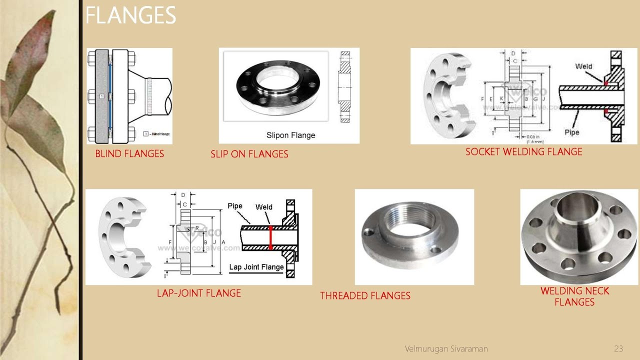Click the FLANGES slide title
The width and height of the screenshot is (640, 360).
(x=131, y=15)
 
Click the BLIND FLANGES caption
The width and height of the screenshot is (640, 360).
(x=129, y=154)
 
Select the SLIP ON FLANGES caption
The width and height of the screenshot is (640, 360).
(x=249, y=154)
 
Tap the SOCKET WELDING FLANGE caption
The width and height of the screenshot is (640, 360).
(x=523, y=151)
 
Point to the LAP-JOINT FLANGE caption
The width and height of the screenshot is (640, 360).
(x=198, y=293)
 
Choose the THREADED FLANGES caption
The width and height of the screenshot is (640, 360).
(x=365, y=296)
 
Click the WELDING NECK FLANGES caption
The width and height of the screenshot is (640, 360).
(x=574, y=296)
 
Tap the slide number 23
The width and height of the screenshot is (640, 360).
(x=618, y=348)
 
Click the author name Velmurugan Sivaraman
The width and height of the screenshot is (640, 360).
(x=446, y=348)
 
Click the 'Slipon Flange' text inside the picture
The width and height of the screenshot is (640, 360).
(x=290, y=135)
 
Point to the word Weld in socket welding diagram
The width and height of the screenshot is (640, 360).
(x=583, y=66)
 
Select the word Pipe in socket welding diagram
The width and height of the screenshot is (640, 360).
(x=571, y=132)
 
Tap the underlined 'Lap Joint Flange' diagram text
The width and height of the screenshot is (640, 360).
(x=256, y=267)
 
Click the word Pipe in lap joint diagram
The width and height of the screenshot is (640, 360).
(x=235, y=206)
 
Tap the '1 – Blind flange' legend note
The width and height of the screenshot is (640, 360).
(x=156, y=134)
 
